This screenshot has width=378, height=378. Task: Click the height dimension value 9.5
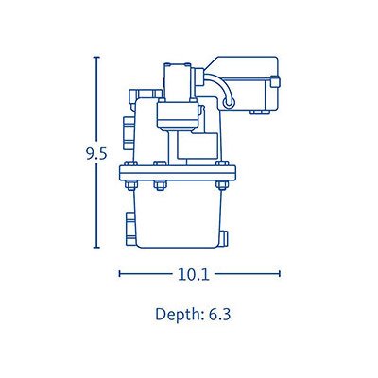tap(96, 154)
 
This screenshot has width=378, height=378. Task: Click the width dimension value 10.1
tap(194, 274)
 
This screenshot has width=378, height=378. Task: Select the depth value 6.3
tap(219, 315)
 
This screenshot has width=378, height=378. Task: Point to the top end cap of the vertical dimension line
tap(96, 58)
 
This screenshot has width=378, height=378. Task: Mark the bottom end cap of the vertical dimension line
tap(96, 248)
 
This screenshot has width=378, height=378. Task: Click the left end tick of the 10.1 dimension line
tap(120, 274)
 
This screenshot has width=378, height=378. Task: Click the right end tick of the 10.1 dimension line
tap(280, 274)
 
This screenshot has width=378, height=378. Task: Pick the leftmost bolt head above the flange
tap(130, 163)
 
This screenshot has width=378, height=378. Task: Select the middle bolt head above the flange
tap(160, 163)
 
